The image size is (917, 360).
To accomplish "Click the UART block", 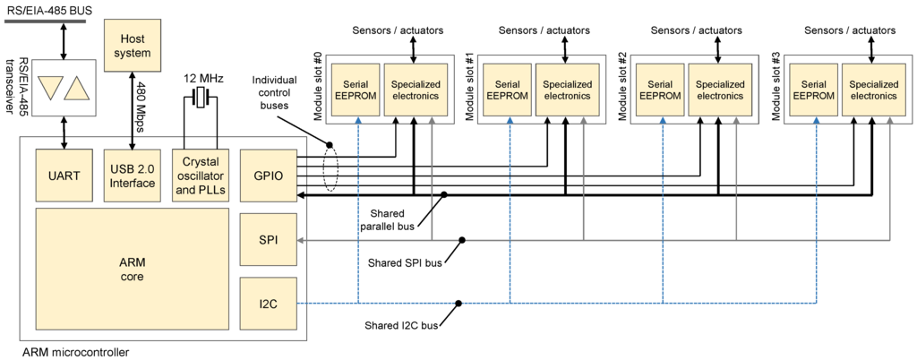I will click(64, 175).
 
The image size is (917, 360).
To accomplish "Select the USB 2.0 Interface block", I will click(133, 175).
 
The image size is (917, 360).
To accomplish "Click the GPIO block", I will click(269, 175).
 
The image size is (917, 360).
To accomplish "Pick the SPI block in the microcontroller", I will click(269, 241).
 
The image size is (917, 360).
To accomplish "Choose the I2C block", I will click(269, 304).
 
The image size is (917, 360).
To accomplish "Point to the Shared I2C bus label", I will click(401, 325).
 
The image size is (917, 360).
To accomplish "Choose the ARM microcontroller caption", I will click(75, 351).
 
